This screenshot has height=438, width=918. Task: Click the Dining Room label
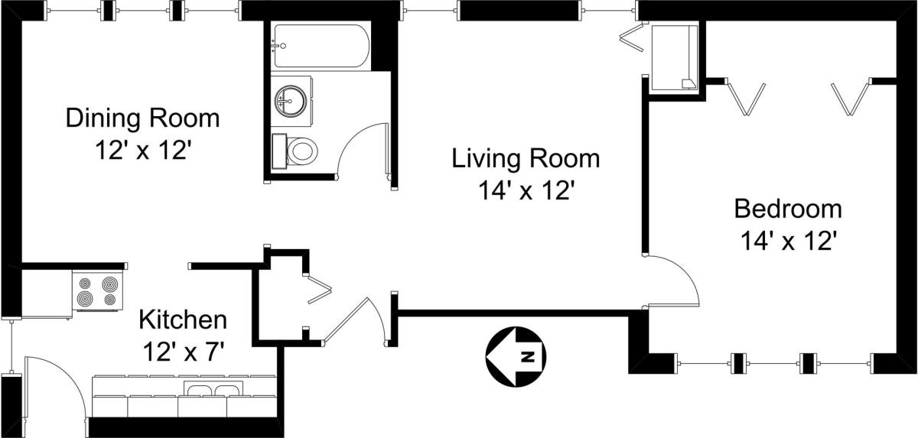point(142,118)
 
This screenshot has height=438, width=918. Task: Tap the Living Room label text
point(526,159)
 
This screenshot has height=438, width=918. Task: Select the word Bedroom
point(788,209)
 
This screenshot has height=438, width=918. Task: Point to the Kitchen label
point(183,320)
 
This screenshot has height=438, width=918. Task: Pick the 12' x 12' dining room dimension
point(144,150)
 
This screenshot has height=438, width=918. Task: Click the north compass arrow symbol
point(516,356)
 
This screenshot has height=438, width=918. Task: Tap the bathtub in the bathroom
point(322,46)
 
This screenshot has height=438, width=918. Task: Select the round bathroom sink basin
point(291,100)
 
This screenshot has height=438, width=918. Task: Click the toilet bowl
point(302,150)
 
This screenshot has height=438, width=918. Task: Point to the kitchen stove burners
point(98,290)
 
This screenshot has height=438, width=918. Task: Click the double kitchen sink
point(213,389)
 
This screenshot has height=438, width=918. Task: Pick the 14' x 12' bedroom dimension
point(788,241)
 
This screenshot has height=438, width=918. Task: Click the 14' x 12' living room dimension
point(526,190)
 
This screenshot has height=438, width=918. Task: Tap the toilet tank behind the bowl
point(280,151)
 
